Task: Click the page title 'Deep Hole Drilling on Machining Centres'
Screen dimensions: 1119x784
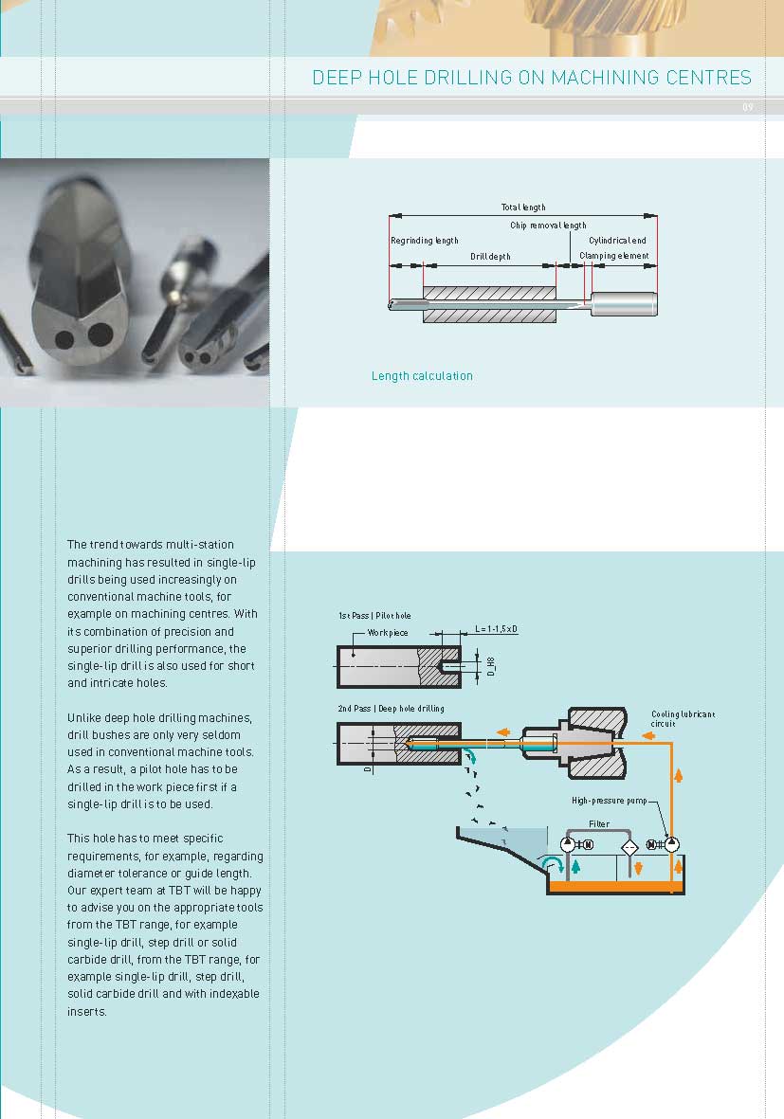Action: pos(531,78)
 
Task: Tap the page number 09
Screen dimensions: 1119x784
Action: pos(747,108)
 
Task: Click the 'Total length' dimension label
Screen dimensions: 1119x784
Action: pos(523,207)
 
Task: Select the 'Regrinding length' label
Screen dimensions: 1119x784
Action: pos(425,241)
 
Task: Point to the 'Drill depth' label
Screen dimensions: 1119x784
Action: pos(490,257)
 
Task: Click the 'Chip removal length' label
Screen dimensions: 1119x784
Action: pos(548,226)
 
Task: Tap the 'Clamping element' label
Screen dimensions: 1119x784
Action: pos(613,257)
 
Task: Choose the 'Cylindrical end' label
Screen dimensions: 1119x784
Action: pos(617,241)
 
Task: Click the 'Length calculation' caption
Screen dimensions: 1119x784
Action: pos(422,376)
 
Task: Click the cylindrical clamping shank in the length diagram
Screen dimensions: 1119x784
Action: pos(624,304)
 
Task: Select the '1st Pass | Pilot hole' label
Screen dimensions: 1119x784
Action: pos(374,616)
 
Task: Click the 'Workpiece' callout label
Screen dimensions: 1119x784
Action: pos(387,631)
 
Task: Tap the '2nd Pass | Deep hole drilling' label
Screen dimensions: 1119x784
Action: pos(391,709)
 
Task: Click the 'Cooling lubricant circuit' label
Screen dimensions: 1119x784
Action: pos(683,718)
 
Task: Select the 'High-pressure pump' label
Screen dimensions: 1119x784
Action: pos(609,801)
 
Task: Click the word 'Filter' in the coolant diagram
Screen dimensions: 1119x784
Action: pos(599,824)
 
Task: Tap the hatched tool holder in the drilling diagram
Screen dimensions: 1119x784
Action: pos(596,743)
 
